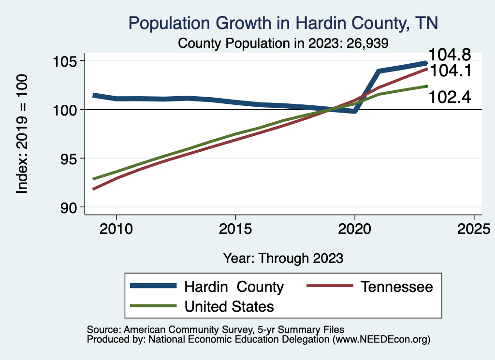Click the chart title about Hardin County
pos(283,23)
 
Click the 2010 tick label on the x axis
pos(116,228)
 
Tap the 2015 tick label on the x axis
pos(235,228)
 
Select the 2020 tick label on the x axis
pos(355,228)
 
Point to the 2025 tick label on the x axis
pos(474,228)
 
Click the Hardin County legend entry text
pos(234,287)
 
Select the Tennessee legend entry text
pos(396,287)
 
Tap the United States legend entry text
pos(229,306)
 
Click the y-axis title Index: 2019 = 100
pos(22,134)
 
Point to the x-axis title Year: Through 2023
pos(283,258)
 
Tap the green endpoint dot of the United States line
pos(426,86)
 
